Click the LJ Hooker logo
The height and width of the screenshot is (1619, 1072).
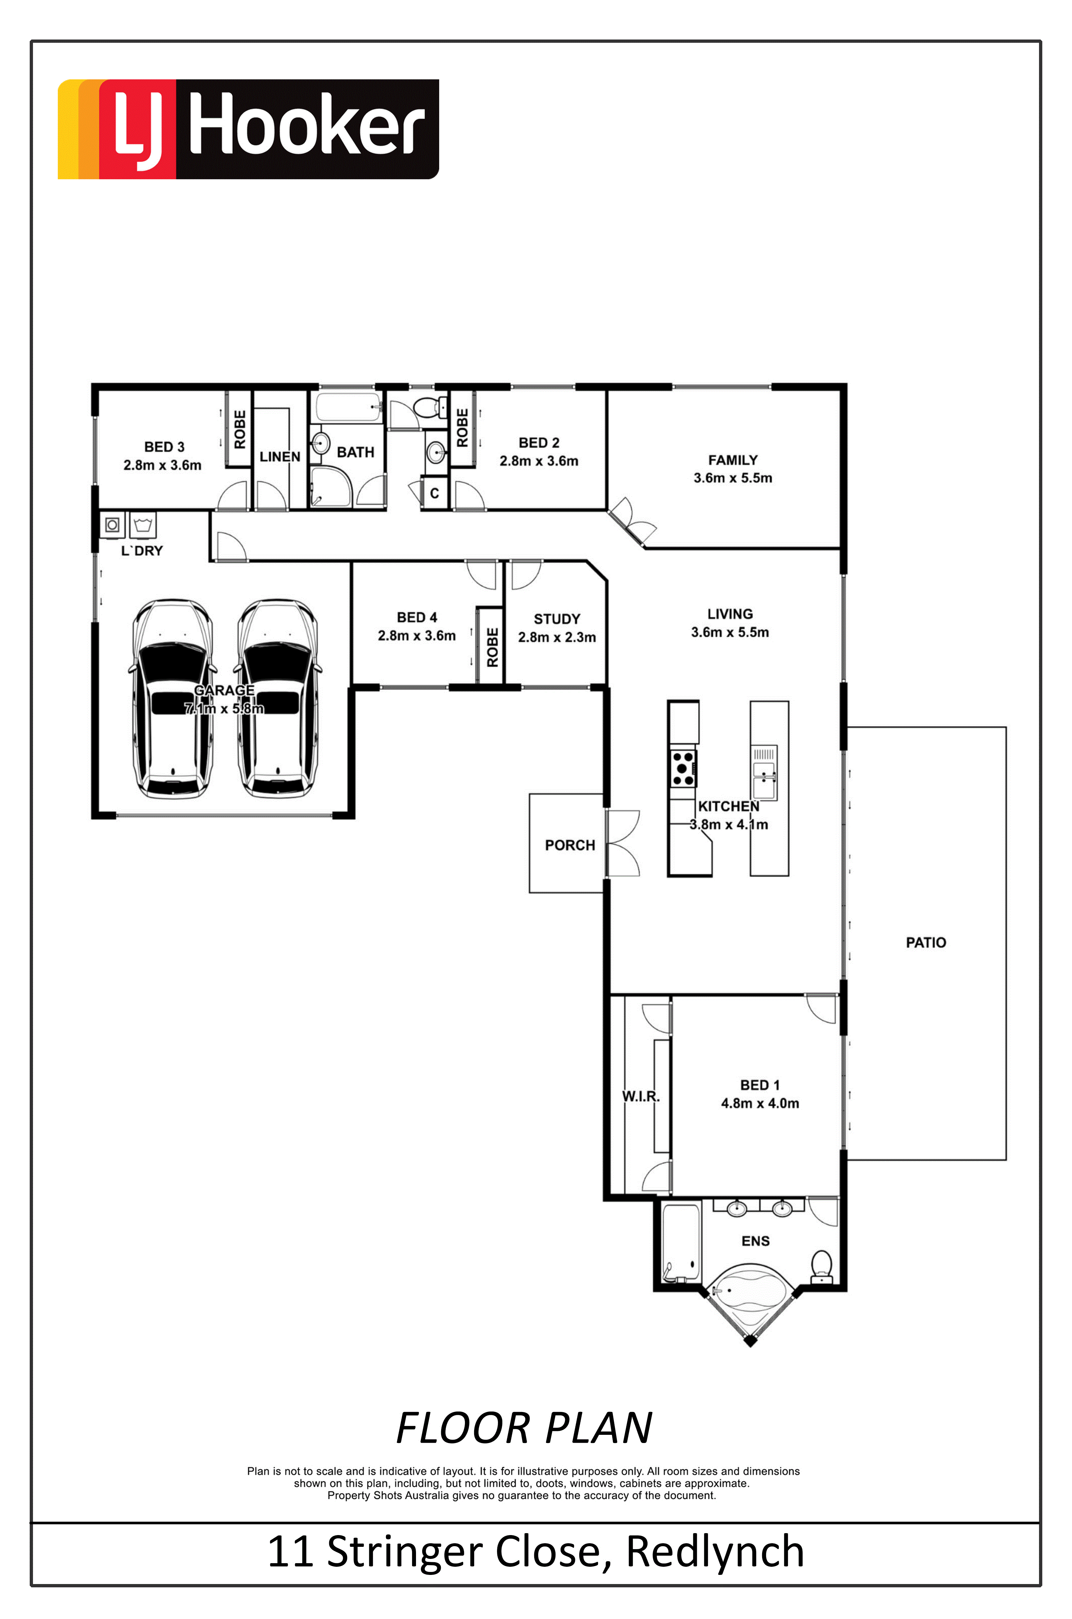pos(248,129)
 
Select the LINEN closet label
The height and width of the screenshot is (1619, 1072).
pos(280,457)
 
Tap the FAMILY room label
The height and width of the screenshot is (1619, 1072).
pos(733,460)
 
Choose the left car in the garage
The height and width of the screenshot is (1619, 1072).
pos(172,699)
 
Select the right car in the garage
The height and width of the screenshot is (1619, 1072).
pos(278,699)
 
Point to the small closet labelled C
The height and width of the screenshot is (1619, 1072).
pos(434,493)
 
